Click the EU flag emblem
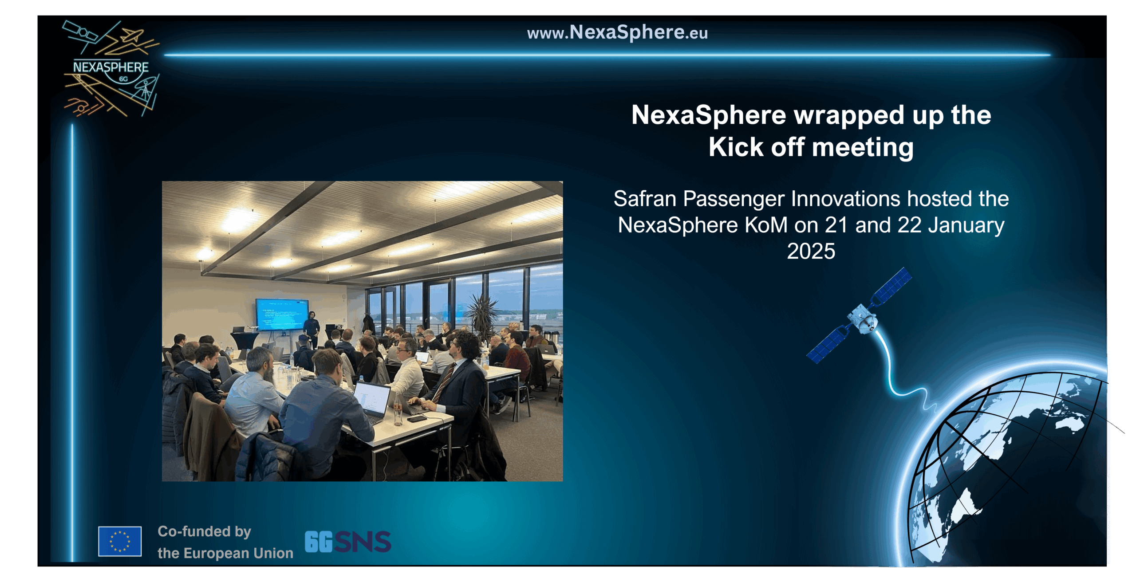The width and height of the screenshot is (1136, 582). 120,541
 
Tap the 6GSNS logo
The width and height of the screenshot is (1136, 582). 348,542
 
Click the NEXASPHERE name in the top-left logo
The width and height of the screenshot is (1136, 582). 111,67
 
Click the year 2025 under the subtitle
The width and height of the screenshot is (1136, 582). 811,251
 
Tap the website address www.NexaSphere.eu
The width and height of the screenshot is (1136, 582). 617,32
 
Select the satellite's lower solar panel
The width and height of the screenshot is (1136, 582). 828,344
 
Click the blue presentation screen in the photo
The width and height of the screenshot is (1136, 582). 282,314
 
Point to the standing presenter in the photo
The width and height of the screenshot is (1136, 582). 312,328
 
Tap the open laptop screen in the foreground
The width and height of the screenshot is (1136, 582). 371,398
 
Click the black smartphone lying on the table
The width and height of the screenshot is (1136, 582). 417,418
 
